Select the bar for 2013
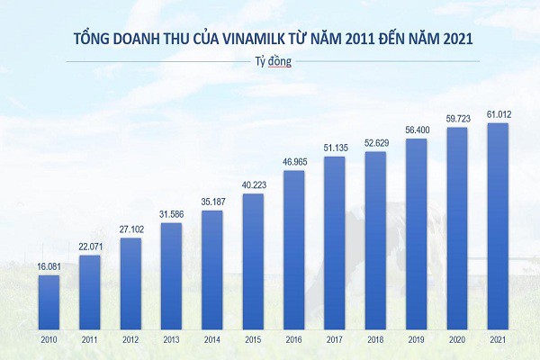tap(171, 277)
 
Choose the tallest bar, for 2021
tap(498, 228)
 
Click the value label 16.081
tap(49, 267)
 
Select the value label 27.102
tap(130, 230)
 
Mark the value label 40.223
tap(253, 185)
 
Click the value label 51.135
tap(335, 148)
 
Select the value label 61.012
tap(498, 114)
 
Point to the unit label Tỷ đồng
tap(270, 62)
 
